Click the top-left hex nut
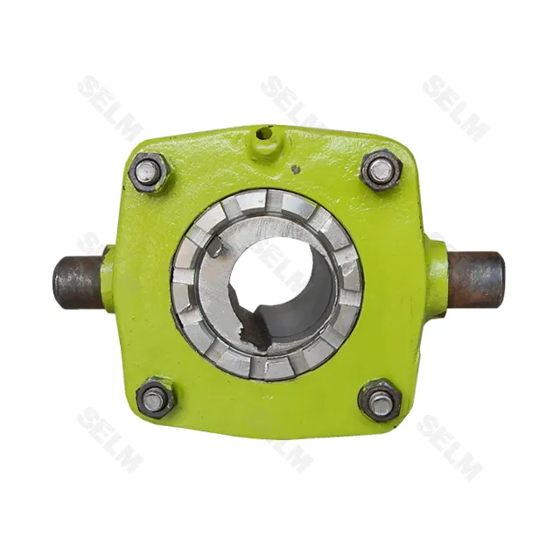[x=149, y=172]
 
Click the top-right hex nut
[x=381, y=171]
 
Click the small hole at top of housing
[x=264, y=135]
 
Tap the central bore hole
[x=281, y=283]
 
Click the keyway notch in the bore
[x=255, y=323]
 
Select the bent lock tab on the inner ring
[x=215, y=247]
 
